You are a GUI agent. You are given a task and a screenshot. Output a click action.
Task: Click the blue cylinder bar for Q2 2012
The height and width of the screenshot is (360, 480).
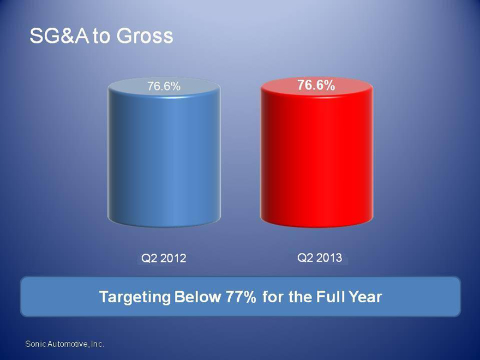164,152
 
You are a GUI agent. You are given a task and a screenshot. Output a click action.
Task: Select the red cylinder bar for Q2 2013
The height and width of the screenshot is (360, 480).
316,152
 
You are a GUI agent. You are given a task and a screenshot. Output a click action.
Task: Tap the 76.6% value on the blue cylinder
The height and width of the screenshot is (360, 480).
164,86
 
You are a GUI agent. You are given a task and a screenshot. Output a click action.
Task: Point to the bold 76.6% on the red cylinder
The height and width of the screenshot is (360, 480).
316,85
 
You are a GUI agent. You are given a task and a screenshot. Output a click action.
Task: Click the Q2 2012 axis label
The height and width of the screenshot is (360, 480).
164,258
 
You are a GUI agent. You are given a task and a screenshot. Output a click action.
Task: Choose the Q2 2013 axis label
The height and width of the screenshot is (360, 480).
319,257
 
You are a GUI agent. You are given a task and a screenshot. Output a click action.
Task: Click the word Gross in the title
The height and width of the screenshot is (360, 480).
145,36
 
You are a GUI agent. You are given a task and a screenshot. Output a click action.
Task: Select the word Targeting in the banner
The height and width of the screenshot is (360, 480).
135,297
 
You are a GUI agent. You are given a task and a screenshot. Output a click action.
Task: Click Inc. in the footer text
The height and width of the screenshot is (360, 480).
97,344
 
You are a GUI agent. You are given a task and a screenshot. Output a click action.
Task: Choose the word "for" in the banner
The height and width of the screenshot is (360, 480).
273,297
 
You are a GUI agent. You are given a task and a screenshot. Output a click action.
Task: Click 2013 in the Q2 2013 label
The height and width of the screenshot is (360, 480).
329,257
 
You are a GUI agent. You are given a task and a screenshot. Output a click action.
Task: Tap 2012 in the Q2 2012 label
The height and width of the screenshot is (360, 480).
173,259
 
